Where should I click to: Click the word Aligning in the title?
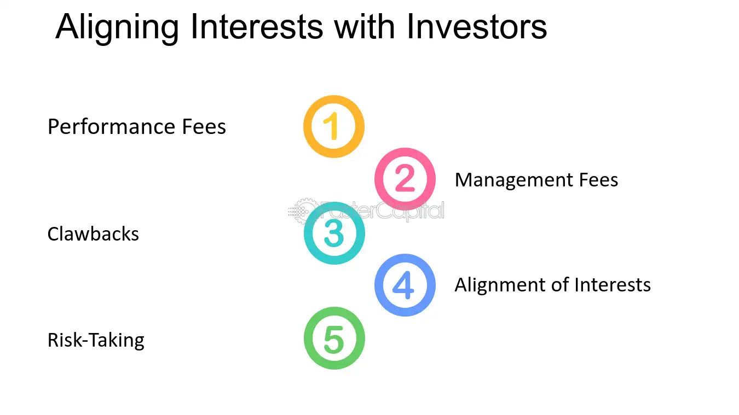pyautogui.click(x=117, y=28)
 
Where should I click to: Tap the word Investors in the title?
pyautogui.click(x=477, y=26)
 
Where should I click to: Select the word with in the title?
pyautogui.click(x=364, y=26)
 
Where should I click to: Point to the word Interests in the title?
pyautogui.click(x=256, y=26)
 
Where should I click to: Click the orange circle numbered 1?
pyautogui.click(x=333, y=100)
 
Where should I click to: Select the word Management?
pyautogui.click(x=513, y=180)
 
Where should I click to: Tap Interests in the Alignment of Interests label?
pyautogui.click(x=613, y=285)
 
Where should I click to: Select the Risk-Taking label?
pyautogui.click(x=96, y=341)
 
